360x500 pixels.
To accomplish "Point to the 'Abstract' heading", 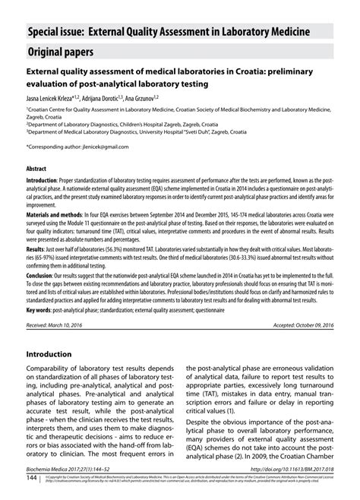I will pos(37,167).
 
